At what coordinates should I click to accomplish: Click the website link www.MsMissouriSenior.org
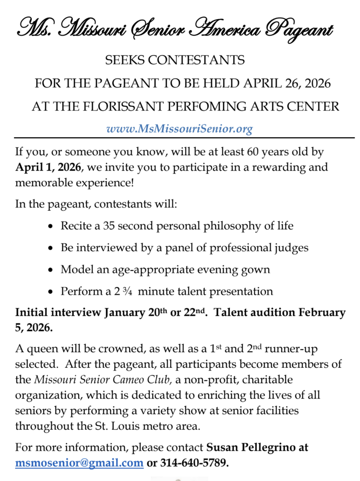point(179,129)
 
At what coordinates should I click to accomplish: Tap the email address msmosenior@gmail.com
point(79,463)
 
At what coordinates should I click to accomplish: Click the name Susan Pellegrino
point(257,447)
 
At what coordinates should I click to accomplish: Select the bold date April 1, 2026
point(48,167)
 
